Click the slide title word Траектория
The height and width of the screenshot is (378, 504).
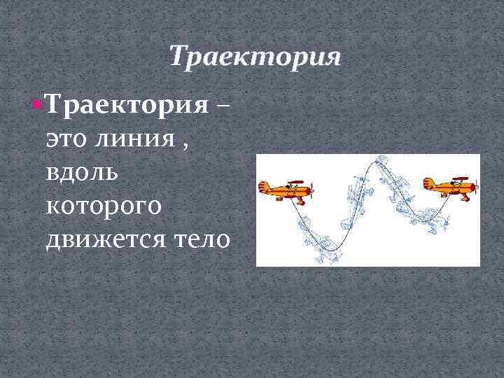pos(255,57)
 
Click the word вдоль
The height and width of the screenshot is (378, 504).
pos(80,174)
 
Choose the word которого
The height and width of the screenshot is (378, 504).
pos(104,207)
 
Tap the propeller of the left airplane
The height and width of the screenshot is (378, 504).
pos(314,190)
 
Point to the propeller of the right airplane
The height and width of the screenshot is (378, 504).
pos(478,187)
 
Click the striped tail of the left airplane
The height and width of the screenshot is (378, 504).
pos(264,188)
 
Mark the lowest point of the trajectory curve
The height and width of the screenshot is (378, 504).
pos(327,250)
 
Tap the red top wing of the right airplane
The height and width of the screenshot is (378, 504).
pos(459,178)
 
